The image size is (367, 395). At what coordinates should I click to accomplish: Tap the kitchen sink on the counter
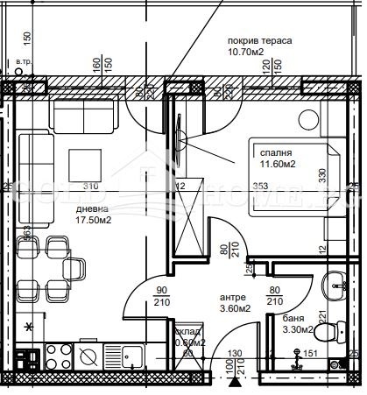(x=132, y=356)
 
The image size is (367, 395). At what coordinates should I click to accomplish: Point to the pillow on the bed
(x=331, y=175)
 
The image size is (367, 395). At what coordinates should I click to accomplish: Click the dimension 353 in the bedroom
(x=259, y=186)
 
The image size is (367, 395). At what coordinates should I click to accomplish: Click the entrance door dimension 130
(x=232, y=356)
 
